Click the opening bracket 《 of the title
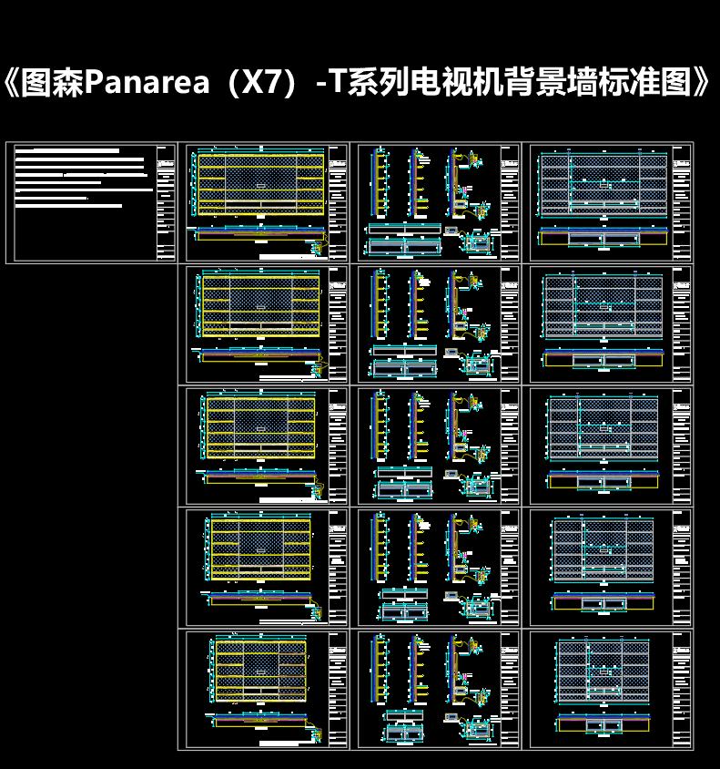tap(13, 84)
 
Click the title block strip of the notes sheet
tap(166, 202)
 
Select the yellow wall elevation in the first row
tap(260, 184)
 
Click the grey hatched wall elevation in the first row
tap(603, 184)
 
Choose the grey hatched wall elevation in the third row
tap(603, 428)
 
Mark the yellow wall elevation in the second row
tap(260, 306)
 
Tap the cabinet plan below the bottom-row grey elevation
tap(603, 724)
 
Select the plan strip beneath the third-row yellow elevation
tap(260, 477)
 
